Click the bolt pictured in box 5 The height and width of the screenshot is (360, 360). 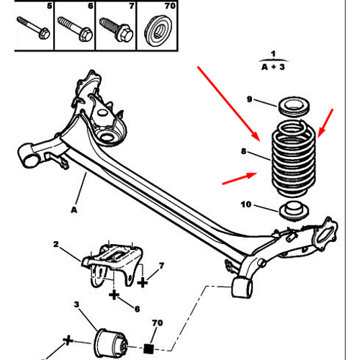pos(33,27)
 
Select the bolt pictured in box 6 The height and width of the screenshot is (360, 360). pos(75,28)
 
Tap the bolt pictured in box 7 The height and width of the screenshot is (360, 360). pos(116,29)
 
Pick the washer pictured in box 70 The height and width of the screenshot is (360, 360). pos(158,30)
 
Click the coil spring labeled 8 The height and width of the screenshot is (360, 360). pos(294,158)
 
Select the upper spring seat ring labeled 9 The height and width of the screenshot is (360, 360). pos(294,106)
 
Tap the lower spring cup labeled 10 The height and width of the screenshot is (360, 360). pos(294,210)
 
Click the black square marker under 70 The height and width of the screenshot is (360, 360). pos(148,348)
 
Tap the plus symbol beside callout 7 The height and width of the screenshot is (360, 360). pos(143,282)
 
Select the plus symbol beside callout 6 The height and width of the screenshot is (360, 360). pos(114,294)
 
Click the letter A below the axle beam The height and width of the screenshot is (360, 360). pos(74,210)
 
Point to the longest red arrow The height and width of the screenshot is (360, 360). pos(229,104)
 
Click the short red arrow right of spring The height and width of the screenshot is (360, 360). pos(325,123)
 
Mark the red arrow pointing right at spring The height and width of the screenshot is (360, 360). pos(240,179)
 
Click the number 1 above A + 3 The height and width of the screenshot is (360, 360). pos(273,54)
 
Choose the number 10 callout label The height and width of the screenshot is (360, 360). pos(246,204)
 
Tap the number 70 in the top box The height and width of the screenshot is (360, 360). pos(170,6)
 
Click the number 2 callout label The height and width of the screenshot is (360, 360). pos(55,244)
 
